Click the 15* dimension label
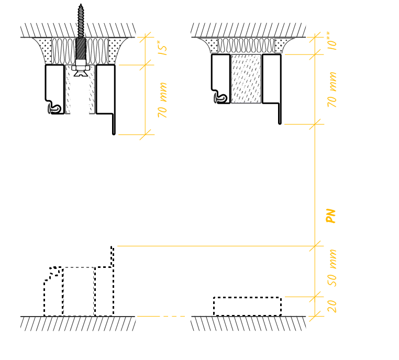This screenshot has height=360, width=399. [x=162, y=48]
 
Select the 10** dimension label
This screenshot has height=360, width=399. [x=331, y=41]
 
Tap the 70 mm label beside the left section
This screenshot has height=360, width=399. [x=162, y=100]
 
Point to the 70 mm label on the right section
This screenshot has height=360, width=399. [x=331, y=89]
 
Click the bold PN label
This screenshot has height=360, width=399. [x=331, y=216]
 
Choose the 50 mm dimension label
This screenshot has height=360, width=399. [x=331, y=268]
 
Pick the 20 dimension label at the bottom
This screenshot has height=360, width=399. [x=332, y=306]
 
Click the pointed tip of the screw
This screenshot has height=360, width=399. [x=81, y=4]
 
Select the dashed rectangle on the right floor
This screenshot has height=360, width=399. [x=247, y=306]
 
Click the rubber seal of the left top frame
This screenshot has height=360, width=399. [x=54, y=109]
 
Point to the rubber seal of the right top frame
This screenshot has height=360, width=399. [x=220, y=98]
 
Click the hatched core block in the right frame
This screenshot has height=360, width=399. [x=246, y=79]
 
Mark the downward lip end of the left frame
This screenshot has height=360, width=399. [x=114, y=133]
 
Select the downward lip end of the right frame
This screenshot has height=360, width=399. [x=280, y=123]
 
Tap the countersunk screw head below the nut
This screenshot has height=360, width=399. [x=81, y=73]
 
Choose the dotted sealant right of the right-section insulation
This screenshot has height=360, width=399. [x=282, y=45]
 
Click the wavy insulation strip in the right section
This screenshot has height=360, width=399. [x=246, y=46]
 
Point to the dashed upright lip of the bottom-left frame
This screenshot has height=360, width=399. [x=112, y=256]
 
